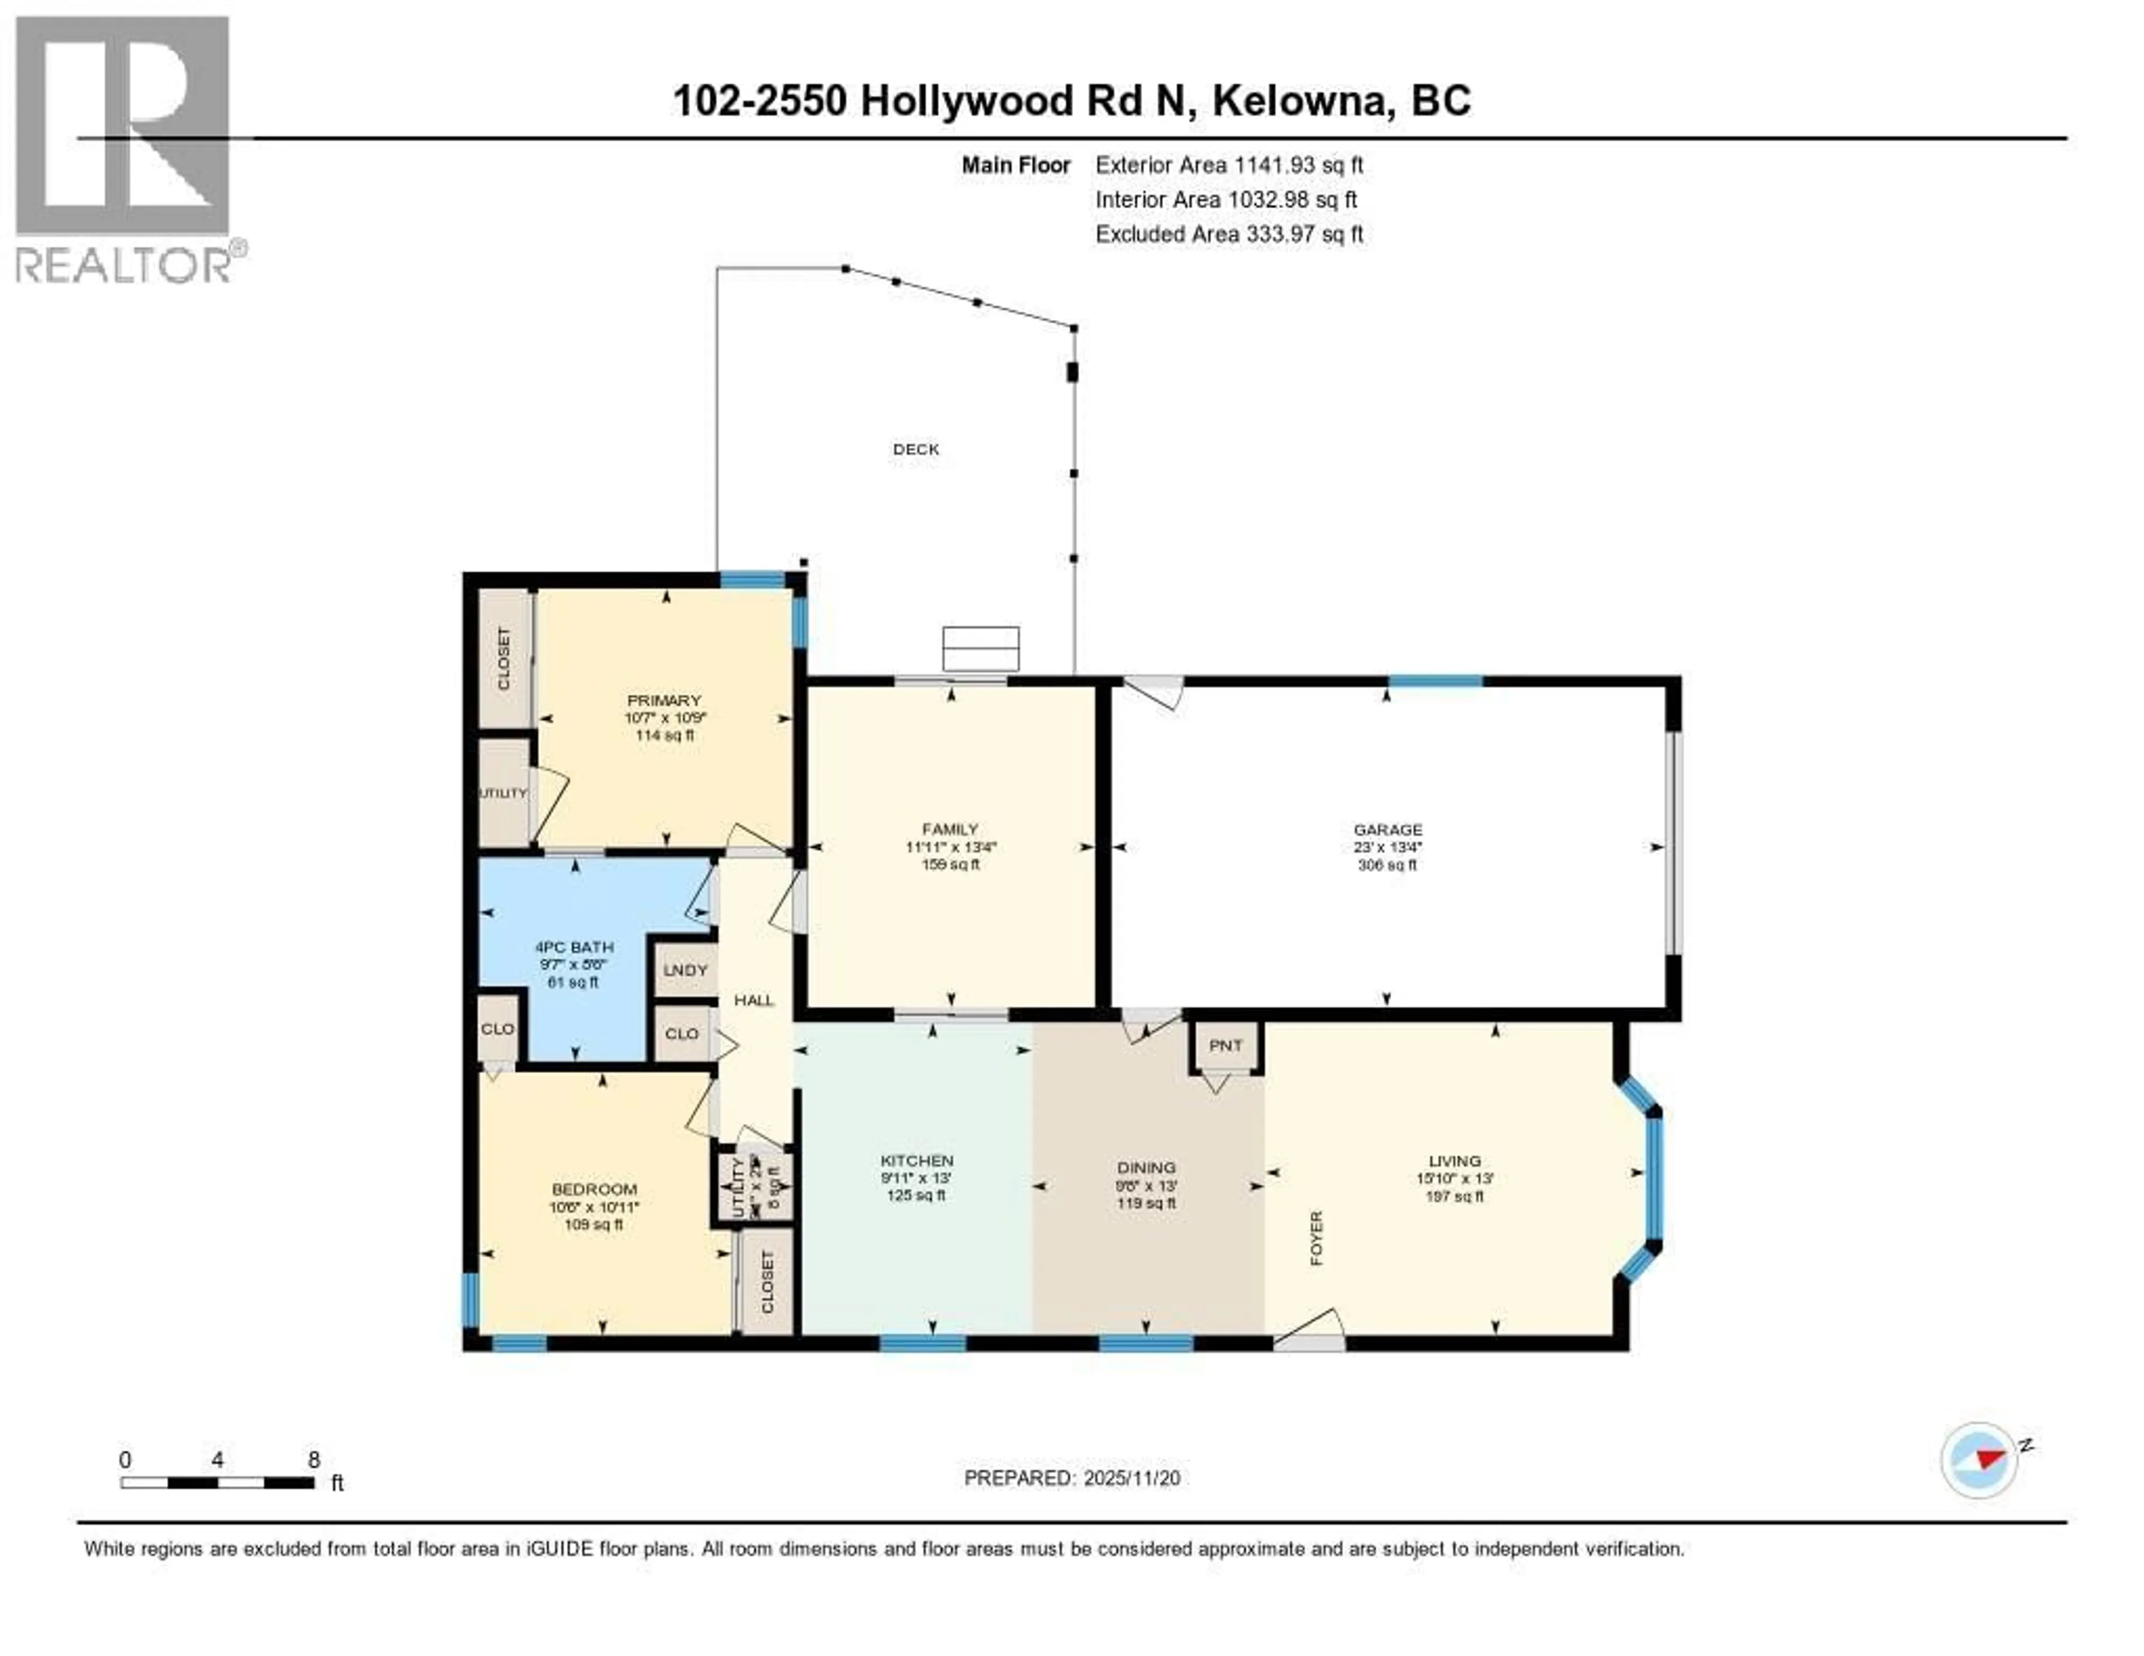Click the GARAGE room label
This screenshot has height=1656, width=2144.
pos(1387,830)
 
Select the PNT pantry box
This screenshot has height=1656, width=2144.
pos(1225,1045)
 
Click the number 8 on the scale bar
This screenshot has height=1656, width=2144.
pos(314,1459)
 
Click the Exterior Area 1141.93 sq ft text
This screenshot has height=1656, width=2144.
pos(1229,165)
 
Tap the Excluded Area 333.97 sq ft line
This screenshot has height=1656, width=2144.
pos(1229,233)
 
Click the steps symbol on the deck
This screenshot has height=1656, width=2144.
pos(980,648)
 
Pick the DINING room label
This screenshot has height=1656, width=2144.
pos(1146,1167)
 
